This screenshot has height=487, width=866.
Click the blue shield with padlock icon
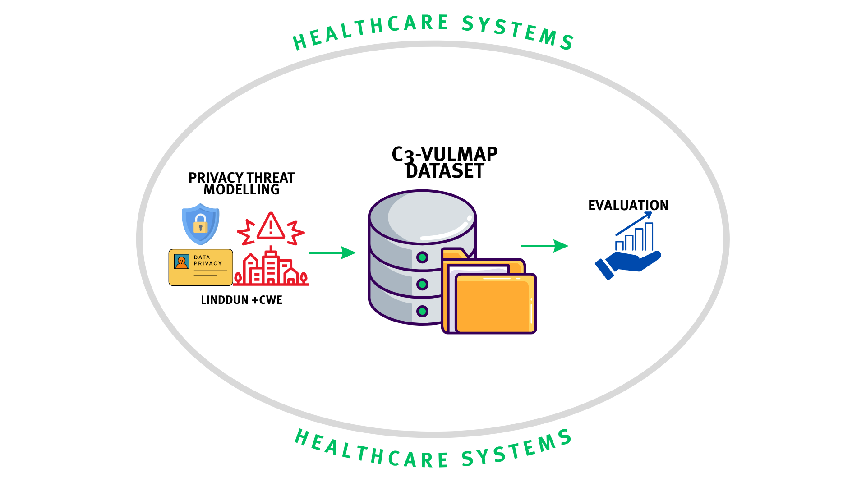coord(201,224)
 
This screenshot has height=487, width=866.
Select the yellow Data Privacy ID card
coord(201,267)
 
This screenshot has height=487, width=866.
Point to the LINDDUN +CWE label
coord(241,300)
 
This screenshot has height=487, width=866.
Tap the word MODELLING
coord(241,190)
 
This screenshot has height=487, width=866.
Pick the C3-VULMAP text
coord(444,154)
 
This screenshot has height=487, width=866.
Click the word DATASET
coord(445,171)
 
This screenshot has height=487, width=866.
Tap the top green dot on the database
coord(422,257)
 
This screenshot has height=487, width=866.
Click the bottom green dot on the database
coord(422,311)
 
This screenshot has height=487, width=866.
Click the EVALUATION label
coord(628,206)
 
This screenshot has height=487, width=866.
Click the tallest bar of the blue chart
coord(649,236)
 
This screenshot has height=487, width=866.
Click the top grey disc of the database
coord(422,216)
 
